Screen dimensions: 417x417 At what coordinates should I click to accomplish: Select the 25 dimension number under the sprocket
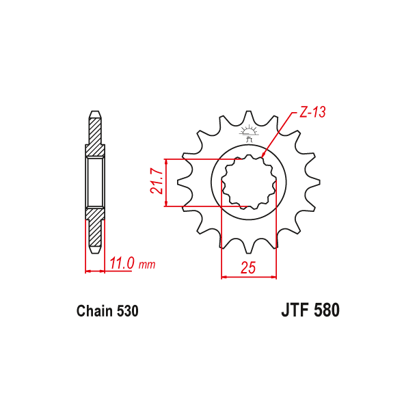pos(248,269)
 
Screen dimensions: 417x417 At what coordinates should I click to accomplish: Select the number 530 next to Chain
pos(128,312)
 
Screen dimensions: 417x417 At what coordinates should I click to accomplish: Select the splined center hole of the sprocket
pos(249,182)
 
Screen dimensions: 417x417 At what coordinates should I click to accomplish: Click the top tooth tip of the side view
pos(94,113)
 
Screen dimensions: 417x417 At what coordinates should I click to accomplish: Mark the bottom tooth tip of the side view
pos(94,251)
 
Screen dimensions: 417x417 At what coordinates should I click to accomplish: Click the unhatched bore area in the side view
pos(94,182)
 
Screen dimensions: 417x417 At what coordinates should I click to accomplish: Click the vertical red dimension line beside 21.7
pos(167,182)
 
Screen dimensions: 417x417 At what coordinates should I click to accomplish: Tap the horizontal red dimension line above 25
pos(249,277)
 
